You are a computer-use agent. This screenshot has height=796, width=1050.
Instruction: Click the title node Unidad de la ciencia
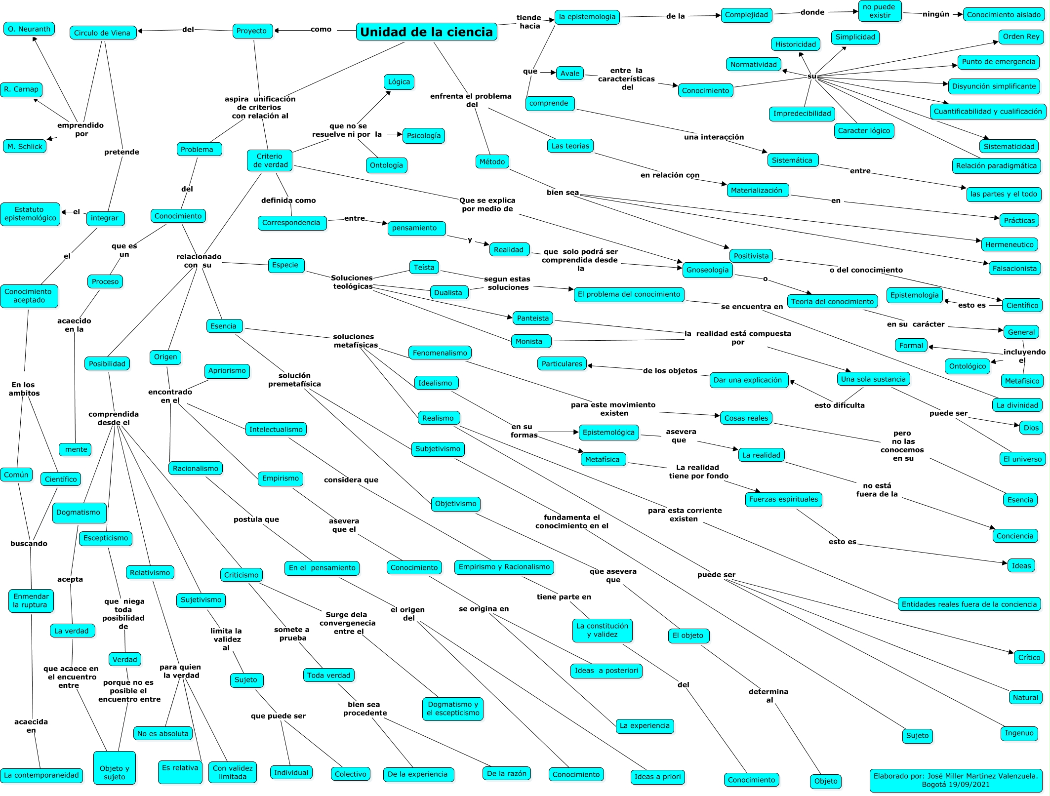tap(426, 32)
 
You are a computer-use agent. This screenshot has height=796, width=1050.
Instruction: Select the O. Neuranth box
tap(29, 29)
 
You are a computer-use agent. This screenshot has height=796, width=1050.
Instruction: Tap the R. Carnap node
tap(21, 89)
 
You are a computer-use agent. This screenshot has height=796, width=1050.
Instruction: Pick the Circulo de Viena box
tap(102, 33)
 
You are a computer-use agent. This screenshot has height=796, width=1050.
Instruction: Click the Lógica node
tap(399, 82)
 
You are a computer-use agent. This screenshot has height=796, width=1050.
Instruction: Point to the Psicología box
tap(423, 136)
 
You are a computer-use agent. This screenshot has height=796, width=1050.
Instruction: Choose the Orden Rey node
tap(1021, 37)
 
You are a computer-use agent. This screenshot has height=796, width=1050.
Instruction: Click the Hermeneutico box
tap(1009, 244)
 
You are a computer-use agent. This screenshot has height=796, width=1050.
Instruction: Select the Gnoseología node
tap(707, 270)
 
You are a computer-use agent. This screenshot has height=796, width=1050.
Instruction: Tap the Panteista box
tap(532, 318)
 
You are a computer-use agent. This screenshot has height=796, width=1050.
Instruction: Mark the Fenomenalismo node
tap(440, 353)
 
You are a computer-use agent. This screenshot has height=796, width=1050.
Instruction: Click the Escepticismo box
tap(106, 538)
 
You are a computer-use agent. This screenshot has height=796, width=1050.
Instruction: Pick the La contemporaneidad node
tap(41, 775)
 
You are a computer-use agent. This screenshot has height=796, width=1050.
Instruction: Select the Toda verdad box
tap(328, 676)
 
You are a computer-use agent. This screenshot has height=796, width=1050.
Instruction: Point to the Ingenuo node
tap(1019, 733)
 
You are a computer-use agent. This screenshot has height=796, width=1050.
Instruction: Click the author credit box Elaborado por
tap(956, 780)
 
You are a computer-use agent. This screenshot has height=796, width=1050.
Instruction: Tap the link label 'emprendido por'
tap(81, 129)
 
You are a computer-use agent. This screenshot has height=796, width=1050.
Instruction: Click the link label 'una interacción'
tap(714, 137)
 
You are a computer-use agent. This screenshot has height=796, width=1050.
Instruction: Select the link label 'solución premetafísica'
tap(294, 380)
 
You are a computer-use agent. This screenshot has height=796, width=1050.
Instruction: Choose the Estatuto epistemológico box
tap(30, 214)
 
